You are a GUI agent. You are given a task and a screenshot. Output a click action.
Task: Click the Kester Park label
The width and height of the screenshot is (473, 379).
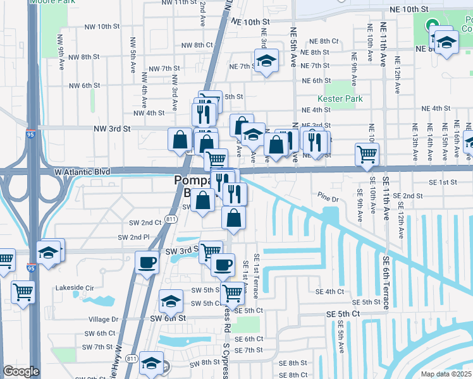tap(340, 99)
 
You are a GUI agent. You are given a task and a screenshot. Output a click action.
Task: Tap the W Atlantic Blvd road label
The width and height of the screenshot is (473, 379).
tap(82, 171)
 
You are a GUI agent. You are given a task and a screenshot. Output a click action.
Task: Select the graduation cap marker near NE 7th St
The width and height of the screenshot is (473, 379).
tap(266, 62)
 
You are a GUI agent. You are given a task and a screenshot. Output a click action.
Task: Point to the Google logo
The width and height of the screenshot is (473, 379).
tap(21, 371)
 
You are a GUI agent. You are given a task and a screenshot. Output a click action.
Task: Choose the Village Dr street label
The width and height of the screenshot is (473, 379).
tap(104, 320)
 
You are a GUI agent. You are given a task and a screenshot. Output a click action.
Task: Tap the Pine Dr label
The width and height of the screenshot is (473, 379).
tap(328, 199)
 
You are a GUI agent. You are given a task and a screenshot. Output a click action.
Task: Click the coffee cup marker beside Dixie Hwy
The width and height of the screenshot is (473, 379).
tap(147, 262)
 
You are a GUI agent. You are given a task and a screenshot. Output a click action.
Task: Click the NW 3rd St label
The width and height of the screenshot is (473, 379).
tap(111, 128)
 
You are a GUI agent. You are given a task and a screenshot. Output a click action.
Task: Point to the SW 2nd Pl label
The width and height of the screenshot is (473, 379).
tap(134, 238)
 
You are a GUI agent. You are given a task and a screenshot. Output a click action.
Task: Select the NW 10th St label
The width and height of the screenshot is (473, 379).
tap(101, 26)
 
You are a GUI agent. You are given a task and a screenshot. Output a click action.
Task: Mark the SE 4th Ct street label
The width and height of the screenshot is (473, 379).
tap(329, 291)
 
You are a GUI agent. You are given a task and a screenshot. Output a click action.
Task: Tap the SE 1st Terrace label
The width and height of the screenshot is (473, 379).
tap(256, 276)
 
